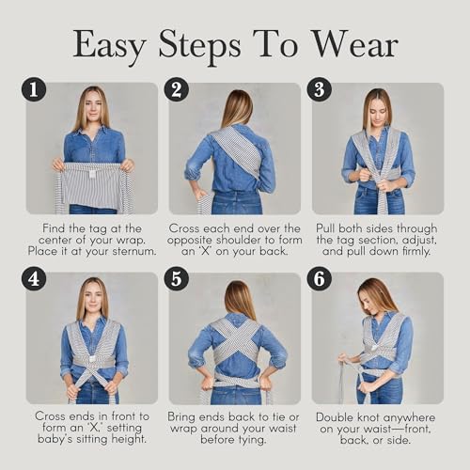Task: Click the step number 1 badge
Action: coord(35,89)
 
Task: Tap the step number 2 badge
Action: coord(176,89)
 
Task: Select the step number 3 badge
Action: coord(320,89)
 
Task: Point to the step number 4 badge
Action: coord(35,279)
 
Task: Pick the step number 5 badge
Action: coord(176,279)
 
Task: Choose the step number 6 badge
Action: coord(320,279)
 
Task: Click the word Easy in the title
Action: coord(118,44)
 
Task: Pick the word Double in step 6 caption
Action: coord(337,415)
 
